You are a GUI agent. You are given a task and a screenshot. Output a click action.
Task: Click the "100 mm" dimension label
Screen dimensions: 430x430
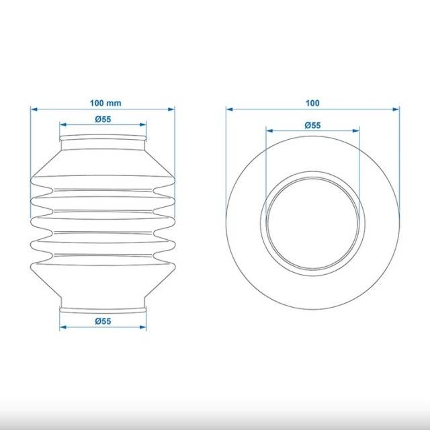(x=105, y=103)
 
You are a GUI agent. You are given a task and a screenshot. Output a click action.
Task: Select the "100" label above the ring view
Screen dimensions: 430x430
(x=312, y=103)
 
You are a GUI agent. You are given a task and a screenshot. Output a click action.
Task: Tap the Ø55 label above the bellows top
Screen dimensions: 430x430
(x=103, y=120)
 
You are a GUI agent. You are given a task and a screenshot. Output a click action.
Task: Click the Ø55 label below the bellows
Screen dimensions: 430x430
(x=103, y=321)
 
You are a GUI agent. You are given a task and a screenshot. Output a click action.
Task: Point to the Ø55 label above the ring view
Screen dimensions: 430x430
(x=312, y=126)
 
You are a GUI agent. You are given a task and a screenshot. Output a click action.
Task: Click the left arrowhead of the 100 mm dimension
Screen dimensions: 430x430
(x=34, y=110)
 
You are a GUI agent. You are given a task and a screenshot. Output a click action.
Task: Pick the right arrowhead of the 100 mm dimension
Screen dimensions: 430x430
(x=171, y=110)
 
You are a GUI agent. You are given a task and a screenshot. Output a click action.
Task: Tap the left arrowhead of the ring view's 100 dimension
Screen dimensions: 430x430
(x=230, y=110)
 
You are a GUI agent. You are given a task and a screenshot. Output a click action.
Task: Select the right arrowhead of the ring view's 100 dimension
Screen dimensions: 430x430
(x=396, y=110)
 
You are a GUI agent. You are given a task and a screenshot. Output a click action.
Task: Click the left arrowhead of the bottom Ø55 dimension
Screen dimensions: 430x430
(x=63, y=327)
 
